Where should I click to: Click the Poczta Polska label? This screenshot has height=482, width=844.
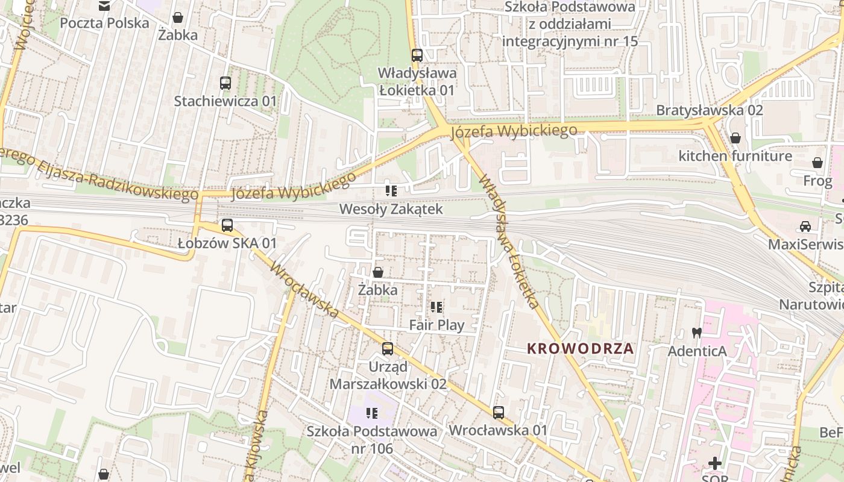(104, 23)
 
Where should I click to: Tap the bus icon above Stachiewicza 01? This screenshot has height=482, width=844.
(225, 83)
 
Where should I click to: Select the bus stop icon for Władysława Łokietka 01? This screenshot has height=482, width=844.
(417, 55)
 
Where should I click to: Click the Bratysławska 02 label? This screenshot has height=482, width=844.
(709, 110)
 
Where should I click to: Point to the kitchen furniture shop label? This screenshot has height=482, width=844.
(735, 156)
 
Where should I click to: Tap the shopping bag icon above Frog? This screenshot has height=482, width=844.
(817, 163)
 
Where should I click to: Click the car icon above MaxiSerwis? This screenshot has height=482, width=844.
(805, 227)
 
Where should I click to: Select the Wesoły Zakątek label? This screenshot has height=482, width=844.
(391, 209)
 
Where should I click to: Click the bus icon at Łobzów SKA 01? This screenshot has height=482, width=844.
(227, 225)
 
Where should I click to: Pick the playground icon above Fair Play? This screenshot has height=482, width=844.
(437, 307)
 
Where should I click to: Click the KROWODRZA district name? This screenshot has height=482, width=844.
(580, 348)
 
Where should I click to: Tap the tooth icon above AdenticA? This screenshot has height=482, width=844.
(696, 332)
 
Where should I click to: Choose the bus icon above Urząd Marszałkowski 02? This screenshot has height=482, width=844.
(388, 348)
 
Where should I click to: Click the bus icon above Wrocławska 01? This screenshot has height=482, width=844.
(498, 413)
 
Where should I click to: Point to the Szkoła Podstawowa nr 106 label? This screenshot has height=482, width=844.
(372, 440)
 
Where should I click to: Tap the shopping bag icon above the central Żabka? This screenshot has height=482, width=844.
(378, 272)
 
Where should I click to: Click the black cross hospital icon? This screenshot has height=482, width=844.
(715, 463)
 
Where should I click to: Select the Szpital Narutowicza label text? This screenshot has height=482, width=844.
(811, 296)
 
